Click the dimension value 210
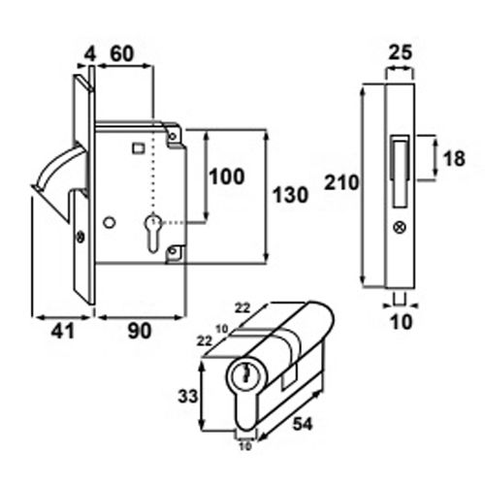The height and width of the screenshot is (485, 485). click(x=343, y=182)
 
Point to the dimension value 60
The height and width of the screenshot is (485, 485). click(x=123, y=55)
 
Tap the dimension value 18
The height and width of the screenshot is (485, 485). click(x=451, y=161)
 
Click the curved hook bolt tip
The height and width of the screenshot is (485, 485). click(x=39, y=184)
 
